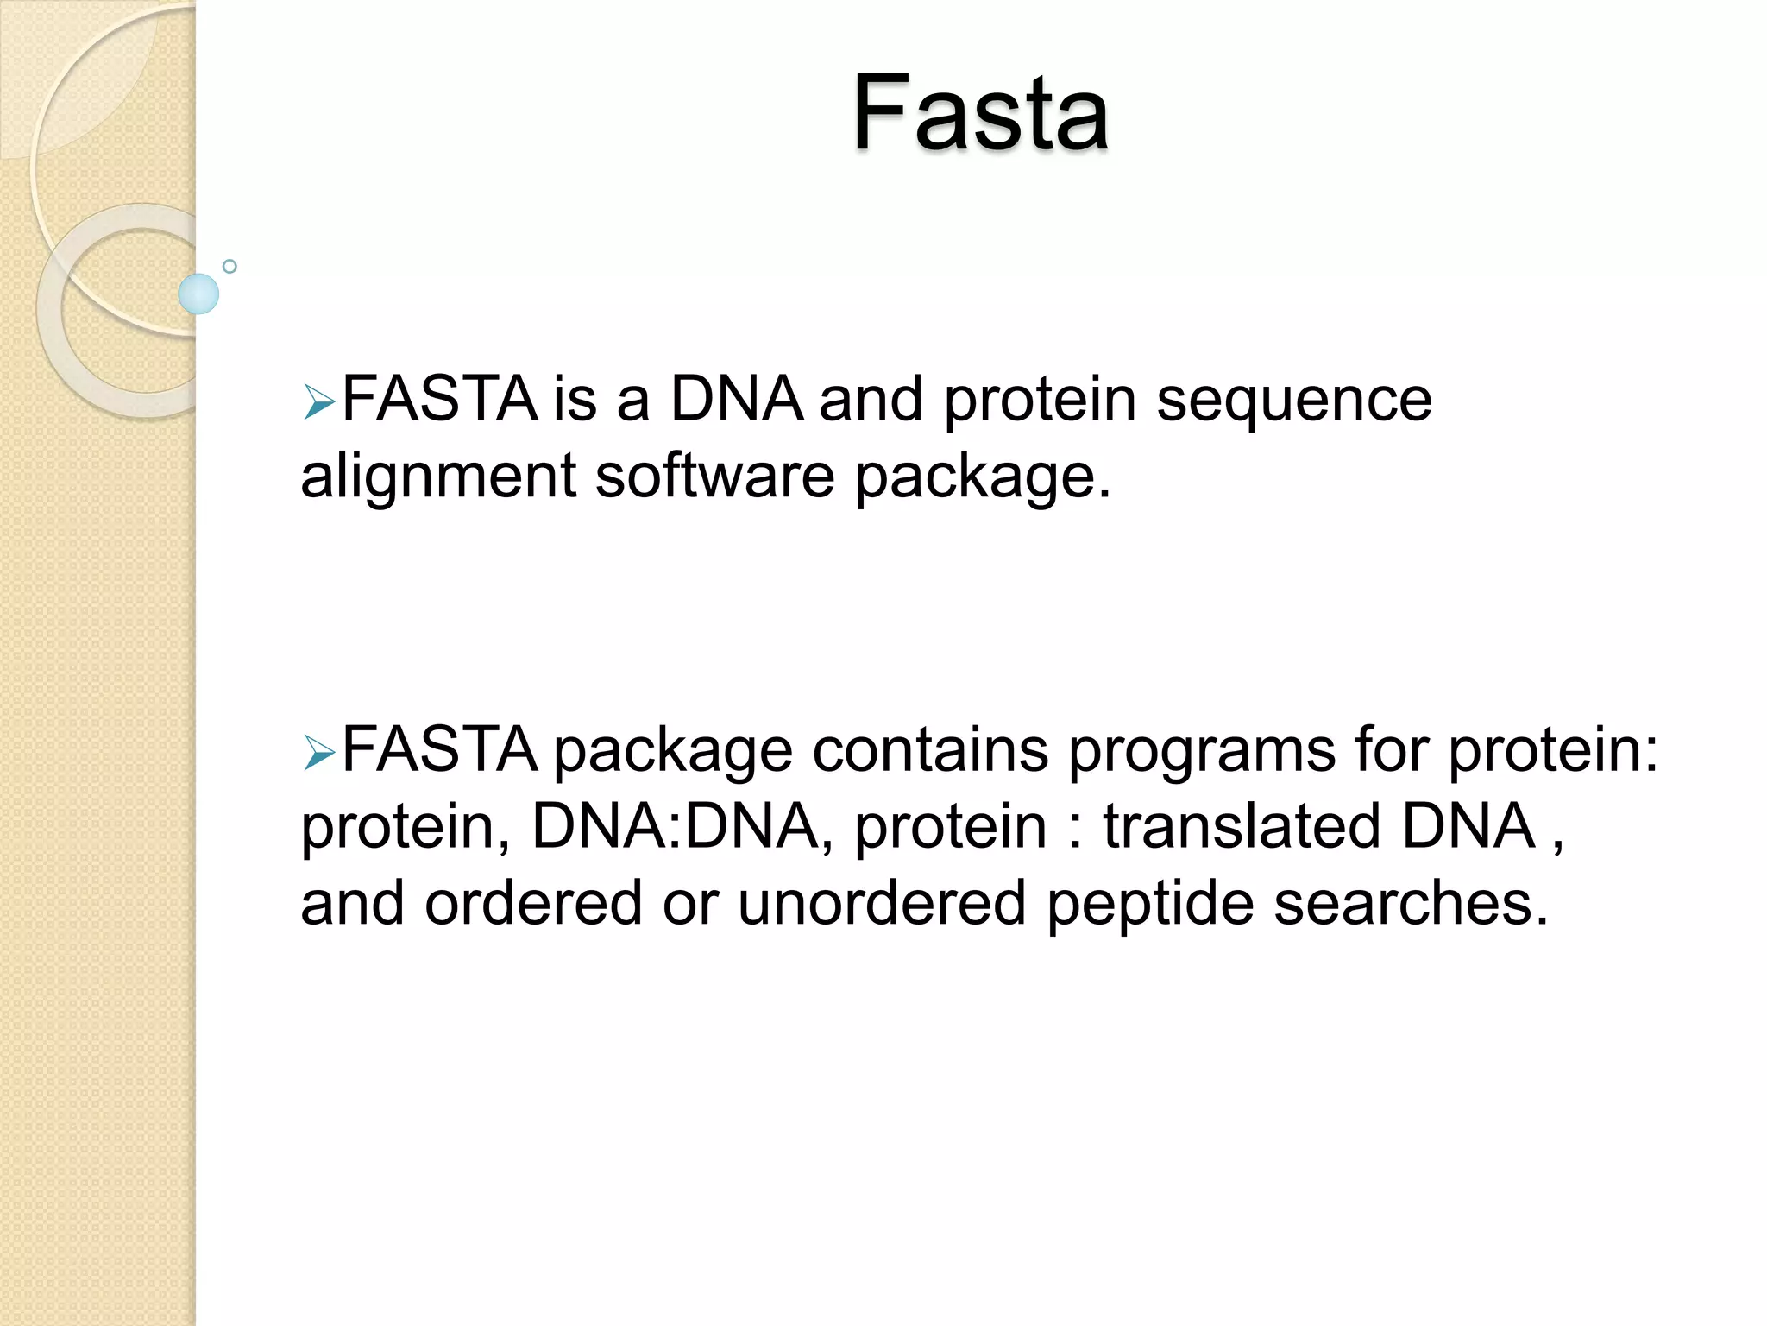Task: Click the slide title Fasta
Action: [980, 114]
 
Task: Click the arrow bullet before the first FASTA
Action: [318, 403]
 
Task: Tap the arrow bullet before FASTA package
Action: [318, 754]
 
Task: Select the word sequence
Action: [1293, 401]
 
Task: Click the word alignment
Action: [438, 478]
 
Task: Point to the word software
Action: [714, 477]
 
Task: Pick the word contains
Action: [930, 750]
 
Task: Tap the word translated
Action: [1242, 826]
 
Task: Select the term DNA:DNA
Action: [675, 826]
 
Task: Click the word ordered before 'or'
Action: [533, 903]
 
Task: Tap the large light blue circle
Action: [198, 294]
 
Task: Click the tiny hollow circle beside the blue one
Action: [230, 267]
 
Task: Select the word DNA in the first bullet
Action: [736, 400]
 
